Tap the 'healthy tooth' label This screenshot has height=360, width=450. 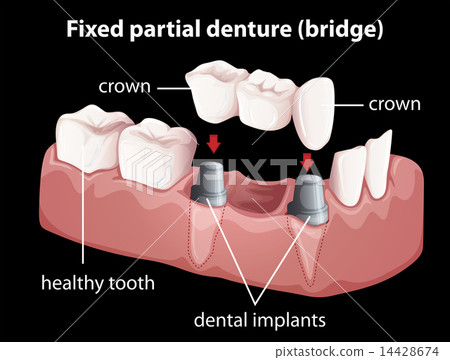coord(98,283)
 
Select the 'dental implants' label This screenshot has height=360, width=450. coord(261,322)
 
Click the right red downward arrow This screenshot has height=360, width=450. coord(306,160)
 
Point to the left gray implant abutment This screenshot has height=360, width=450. coord(207,180)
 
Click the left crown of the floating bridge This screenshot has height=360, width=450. coord(215,89)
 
